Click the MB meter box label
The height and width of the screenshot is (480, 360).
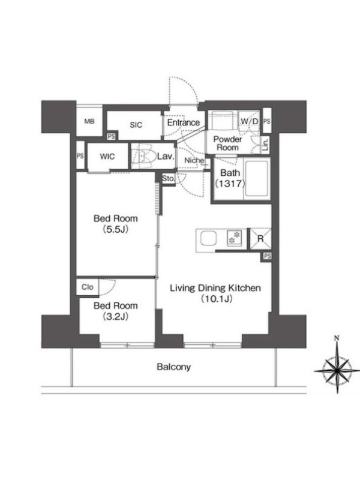(89, 122)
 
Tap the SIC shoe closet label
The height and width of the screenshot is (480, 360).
(136, 125)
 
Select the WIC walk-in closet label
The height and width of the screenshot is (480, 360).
(107, 157)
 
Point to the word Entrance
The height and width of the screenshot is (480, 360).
(184, 123)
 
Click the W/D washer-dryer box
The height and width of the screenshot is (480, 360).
(249, 121)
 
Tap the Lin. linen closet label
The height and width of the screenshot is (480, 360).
(265, 144)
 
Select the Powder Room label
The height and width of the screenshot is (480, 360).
(227, 143)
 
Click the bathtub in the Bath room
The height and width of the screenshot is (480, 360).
(257, 179)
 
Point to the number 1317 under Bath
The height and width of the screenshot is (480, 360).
(230, 184)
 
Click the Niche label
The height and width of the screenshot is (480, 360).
(194, 160)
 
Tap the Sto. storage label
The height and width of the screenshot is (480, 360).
(168, 178)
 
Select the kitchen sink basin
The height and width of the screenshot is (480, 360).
(209, 239)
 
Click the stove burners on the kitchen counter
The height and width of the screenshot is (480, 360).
(234, 238)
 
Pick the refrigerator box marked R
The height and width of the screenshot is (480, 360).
(260, 239)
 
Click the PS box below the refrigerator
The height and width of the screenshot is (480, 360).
(267, 256)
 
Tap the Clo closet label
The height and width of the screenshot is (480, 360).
(88, 287)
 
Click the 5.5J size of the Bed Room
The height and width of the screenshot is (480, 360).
(116, 229)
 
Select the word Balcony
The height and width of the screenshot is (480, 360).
(173, 367)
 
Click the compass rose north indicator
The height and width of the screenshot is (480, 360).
(337, 338)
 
